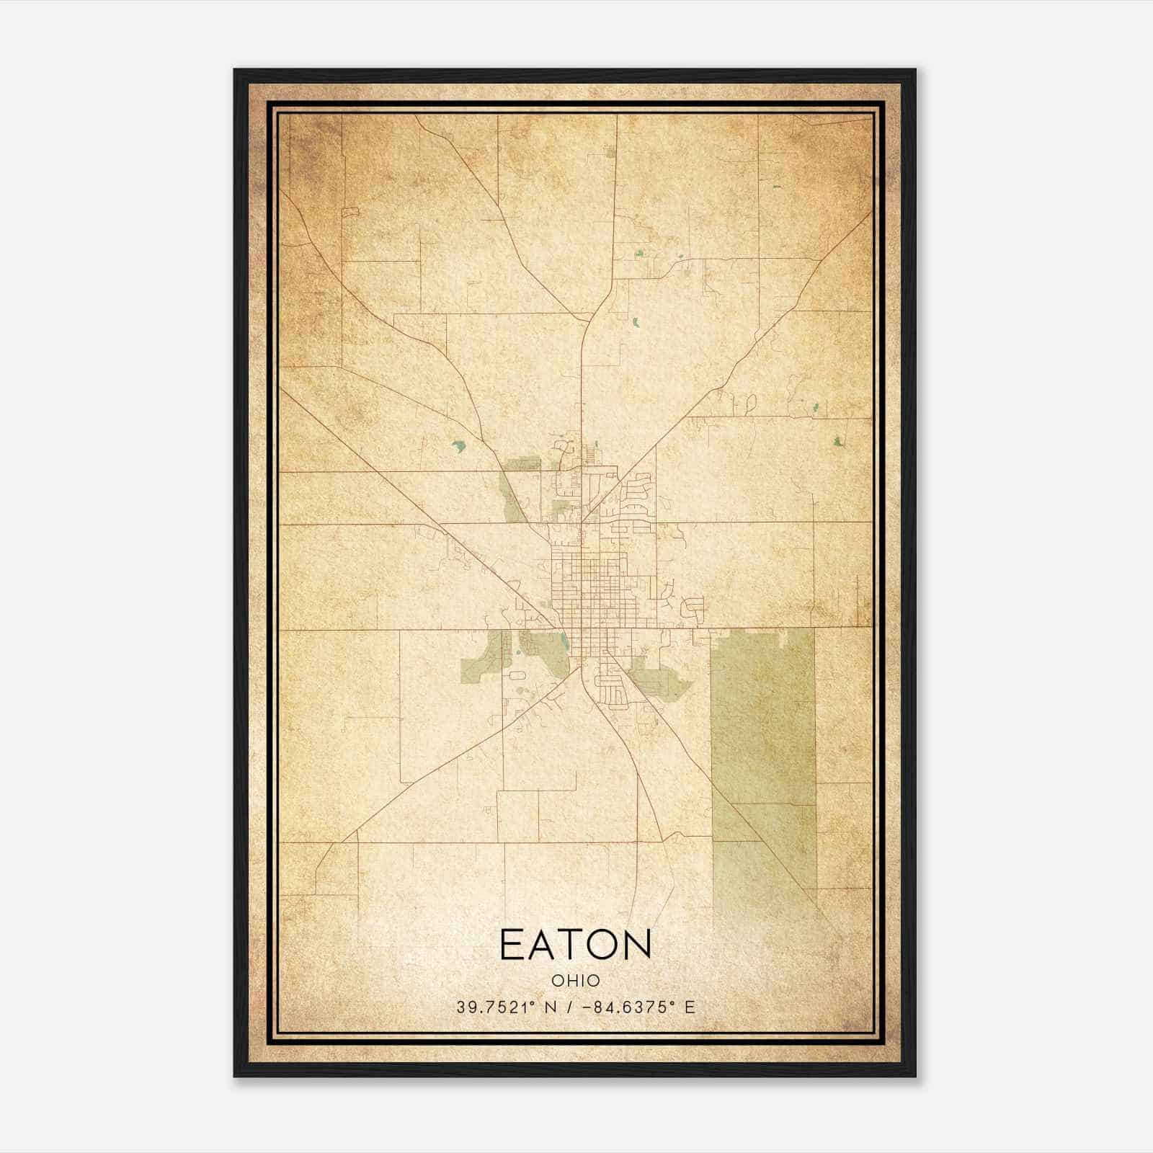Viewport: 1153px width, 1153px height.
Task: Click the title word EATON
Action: click(575, 945)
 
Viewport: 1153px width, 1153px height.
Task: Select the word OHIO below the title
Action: click(575, 980)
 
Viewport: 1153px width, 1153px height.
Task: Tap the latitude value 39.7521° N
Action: click(504, 1007)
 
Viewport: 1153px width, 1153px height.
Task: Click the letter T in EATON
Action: click(575, 945)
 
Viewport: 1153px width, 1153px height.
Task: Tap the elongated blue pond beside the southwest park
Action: click(562, 641)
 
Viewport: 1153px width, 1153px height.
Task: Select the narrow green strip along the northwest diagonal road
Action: click(513, 497)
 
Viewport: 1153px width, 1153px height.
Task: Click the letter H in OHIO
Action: click(568, 980)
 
